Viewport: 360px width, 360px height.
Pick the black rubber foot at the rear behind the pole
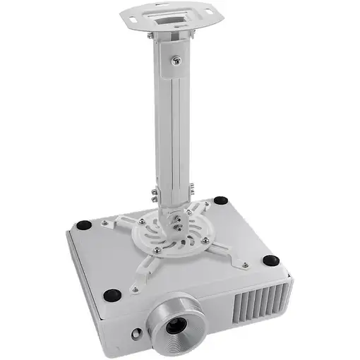[x=221, y=200]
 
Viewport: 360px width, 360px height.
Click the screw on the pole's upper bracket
[x=172, y=60]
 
